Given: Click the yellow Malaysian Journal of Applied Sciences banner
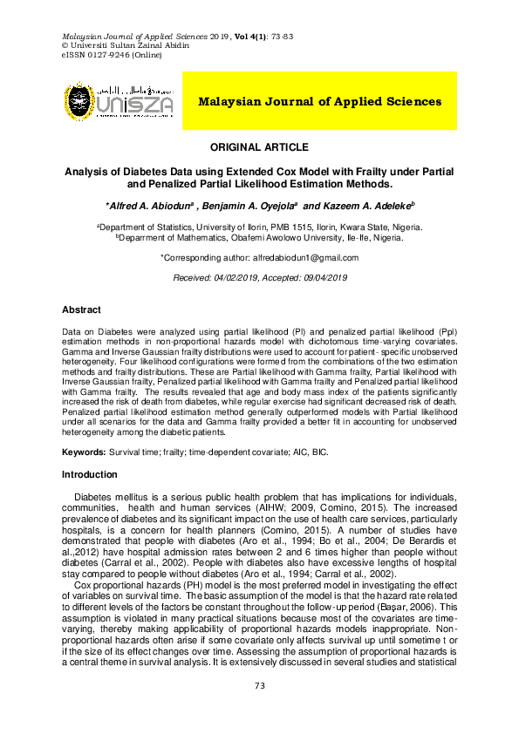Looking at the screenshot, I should tap(319, 101).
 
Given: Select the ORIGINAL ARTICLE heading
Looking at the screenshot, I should tap(259, 147).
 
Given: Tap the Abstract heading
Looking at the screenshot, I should tap(81, 309).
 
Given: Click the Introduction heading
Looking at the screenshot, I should tap(89, 474).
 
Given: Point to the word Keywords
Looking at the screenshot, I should tap(83, 453).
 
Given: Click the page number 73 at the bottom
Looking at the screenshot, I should tap(259, 711).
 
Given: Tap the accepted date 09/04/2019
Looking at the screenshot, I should tap(322, 277).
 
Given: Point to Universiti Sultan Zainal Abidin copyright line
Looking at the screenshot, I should tap(121, 45).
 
